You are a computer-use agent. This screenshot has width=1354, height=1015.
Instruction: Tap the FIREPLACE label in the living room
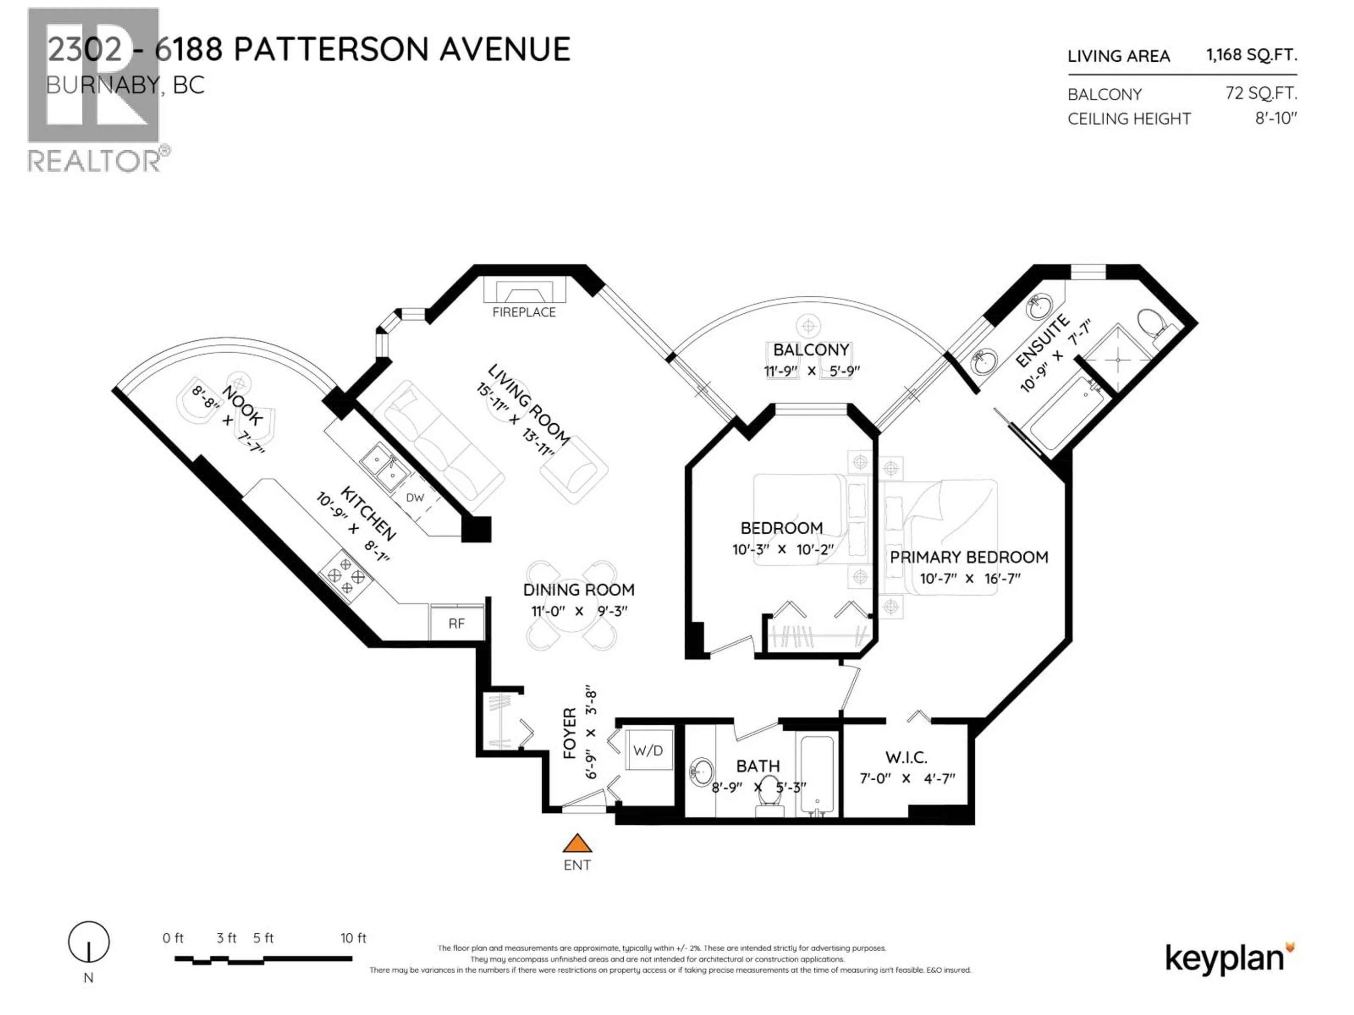click(x=524, y=312)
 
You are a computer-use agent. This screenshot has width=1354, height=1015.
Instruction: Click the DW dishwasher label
click(x=415, y=497)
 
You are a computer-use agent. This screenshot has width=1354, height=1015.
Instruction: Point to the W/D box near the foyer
click(x=648, y=750)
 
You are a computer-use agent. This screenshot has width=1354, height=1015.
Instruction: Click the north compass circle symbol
click(x=89, y=942)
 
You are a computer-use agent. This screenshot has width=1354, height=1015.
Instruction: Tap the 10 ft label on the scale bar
click(x=353, y=938)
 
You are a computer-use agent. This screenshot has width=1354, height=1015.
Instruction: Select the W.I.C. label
click(x=906, y=757)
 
